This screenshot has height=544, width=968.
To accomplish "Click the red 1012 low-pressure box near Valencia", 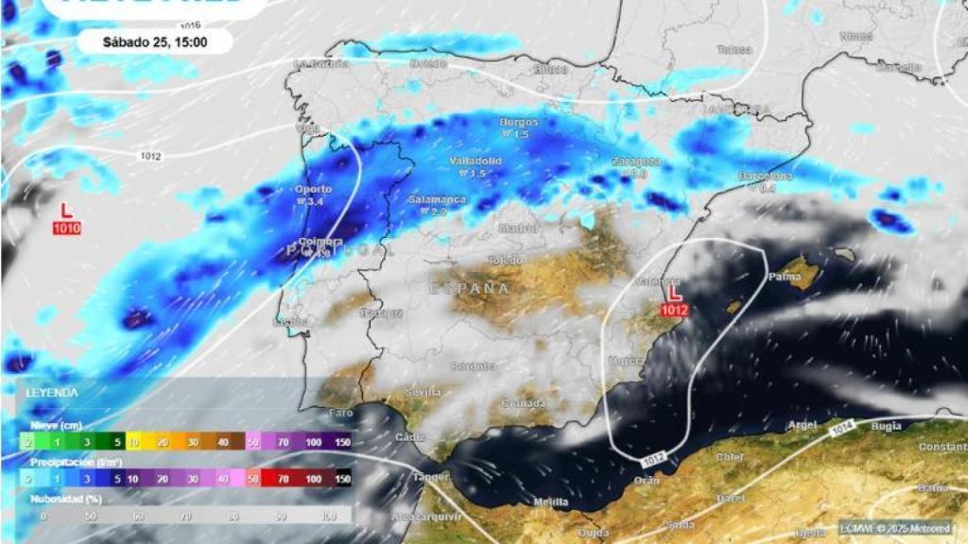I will (673, 309).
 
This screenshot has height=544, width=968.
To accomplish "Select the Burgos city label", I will (519, 123).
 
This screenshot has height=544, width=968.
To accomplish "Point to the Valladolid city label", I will (475, 161).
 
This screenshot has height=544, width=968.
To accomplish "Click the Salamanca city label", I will (437, 200).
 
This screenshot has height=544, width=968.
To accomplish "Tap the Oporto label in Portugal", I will (313, 189).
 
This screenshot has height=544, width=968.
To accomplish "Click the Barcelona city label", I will (766, 177).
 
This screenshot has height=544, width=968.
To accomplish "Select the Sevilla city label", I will (423, 391).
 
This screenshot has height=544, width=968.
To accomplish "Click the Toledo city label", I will (505, 260).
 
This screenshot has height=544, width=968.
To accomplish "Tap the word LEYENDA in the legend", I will (52, 392).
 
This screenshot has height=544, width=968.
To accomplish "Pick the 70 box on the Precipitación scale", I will (281, 479).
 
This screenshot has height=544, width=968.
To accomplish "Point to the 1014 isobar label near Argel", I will (843, 431).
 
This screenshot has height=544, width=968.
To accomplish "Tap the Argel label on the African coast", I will (802, 426).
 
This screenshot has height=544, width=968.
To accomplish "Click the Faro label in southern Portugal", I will (340, 413).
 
